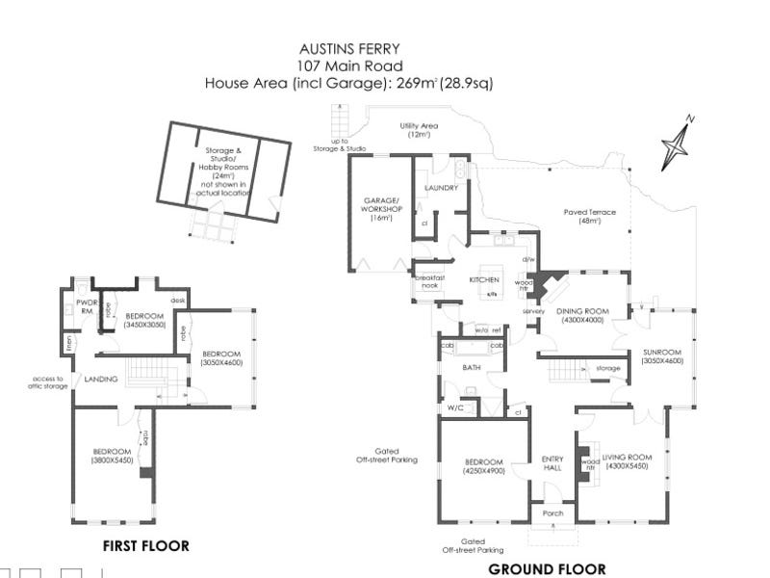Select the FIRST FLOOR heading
145,546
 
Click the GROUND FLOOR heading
547,568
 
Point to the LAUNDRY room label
441,188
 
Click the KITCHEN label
484,279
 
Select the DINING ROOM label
582,312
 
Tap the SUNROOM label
662,354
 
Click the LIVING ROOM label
627,458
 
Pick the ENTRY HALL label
552,463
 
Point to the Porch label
552,513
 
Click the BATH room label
471,367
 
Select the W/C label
454,408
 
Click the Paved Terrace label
589,213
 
